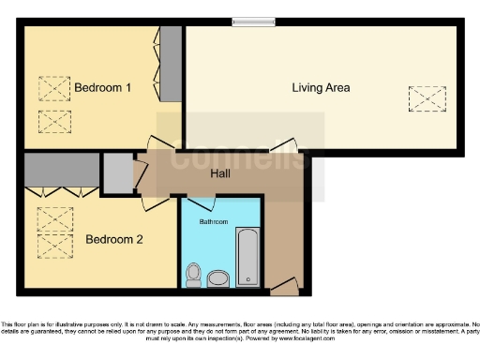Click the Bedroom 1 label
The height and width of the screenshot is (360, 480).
(102, 88)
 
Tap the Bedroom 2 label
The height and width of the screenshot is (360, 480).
(113, 239)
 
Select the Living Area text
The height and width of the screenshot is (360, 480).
(321, 88)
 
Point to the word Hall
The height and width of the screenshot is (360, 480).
(220, 173)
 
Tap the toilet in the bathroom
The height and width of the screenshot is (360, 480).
(193, 275)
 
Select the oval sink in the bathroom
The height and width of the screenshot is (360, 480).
(218, 278)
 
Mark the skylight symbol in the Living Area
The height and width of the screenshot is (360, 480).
(426, 97)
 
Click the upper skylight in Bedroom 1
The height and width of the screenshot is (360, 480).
(54, 88)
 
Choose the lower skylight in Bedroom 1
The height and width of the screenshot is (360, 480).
(54, 121)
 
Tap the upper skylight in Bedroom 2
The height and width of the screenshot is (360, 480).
(53, 217)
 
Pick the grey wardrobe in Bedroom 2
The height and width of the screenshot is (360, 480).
(61, 170)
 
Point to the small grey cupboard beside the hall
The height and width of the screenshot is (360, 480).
(117, 172)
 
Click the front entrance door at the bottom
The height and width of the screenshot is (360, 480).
(285, 284)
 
